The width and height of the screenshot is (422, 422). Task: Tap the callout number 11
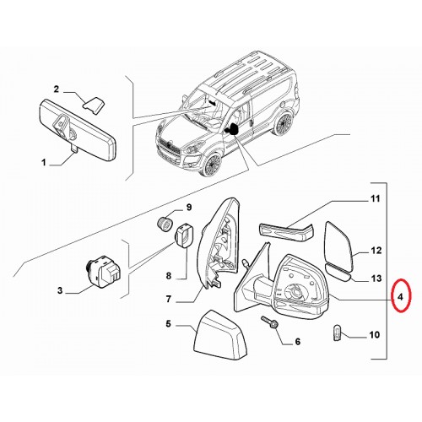click(x=375, y=199)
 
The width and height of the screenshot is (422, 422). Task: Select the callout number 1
click(x=44, y=162)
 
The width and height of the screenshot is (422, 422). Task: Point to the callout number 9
click(x=189, y=208)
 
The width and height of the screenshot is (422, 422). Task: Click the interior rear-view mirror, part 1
click(x=78, y=130)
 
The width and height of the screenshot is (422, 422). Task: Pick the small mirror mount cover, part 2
click(x=94, y=105)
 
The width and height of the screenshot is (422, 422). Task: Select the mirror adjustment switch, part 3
click(x=104, y=271)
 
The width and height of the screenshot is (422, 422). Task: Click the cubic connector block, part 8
click(x=186, y=235)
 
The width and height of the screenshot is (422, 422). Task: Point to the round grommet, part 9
click(x=165, y=225)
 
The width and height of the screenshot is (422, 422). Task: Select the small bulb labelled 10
click(x=337, y=333)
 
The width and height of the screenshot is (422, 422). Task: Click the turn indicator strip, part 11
click(x=286, y=232)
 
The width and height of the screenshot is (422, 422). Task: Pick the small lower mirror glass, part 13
click(x=338, y=273)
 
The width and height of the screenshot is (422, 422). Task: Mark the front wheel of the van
click(x=213, y=164)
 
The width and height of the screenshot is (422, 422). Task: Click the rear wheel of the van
click(x=284, y=124)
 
